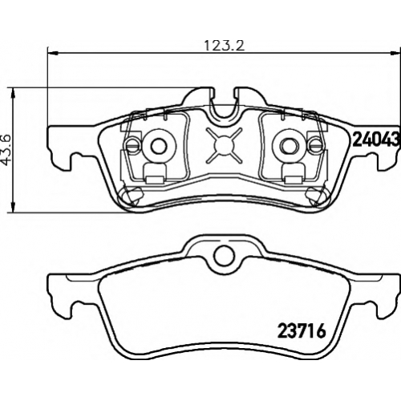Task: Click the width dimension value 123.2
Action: (225, 46)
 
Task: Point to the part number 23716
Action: (302, 331)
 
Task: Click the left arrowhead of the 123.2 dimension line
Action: (52, 53)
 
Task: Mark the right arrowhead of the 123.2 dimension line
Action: (395, 53)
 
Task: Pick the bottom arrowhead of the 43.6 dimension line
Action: (13, 208)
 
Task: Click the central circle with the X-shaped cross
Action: (224, 145)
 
